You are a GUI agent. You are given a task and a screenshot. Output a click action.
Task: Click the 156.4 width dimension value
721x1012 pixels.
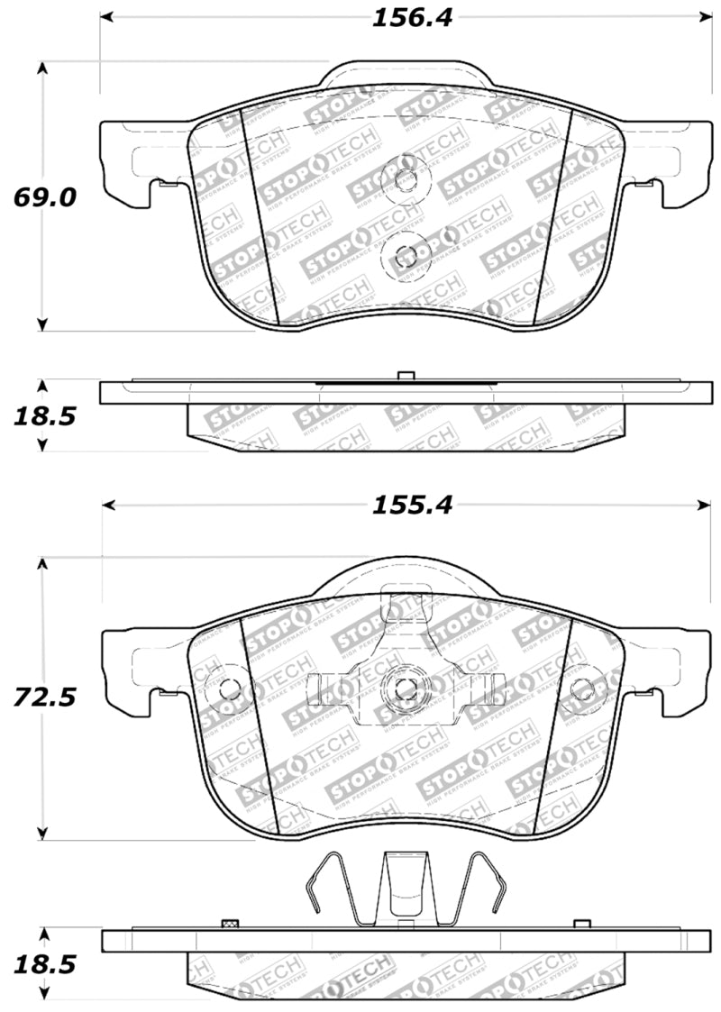[x=403, y=18]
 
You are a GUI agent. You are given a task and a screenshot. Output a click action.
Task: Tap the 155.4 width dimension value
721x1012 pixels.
[x=403, y=506]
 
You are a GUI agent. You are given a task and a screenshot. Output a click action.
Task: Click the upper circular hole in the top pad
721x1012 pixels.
[x=406, y=178]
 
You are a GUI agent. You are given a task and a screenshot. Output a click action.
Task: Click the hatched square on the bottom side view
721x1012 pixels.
[x=229, y=924]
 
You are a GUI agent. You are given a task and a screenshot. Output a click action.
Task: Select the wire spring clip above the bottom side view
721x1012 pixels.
[x=403, y=889]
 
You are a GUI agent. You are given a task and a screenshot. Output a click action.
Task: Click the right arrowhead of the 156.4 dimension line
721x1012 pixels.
[x=704, y=16]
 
